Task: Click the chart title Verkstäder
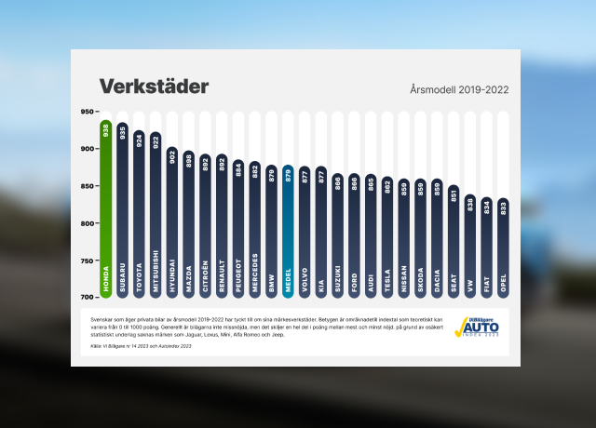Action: point(155,87)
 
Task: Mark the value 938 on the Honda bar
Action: point(106,131)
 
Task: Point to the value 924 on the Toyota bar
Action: point(140,141)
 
